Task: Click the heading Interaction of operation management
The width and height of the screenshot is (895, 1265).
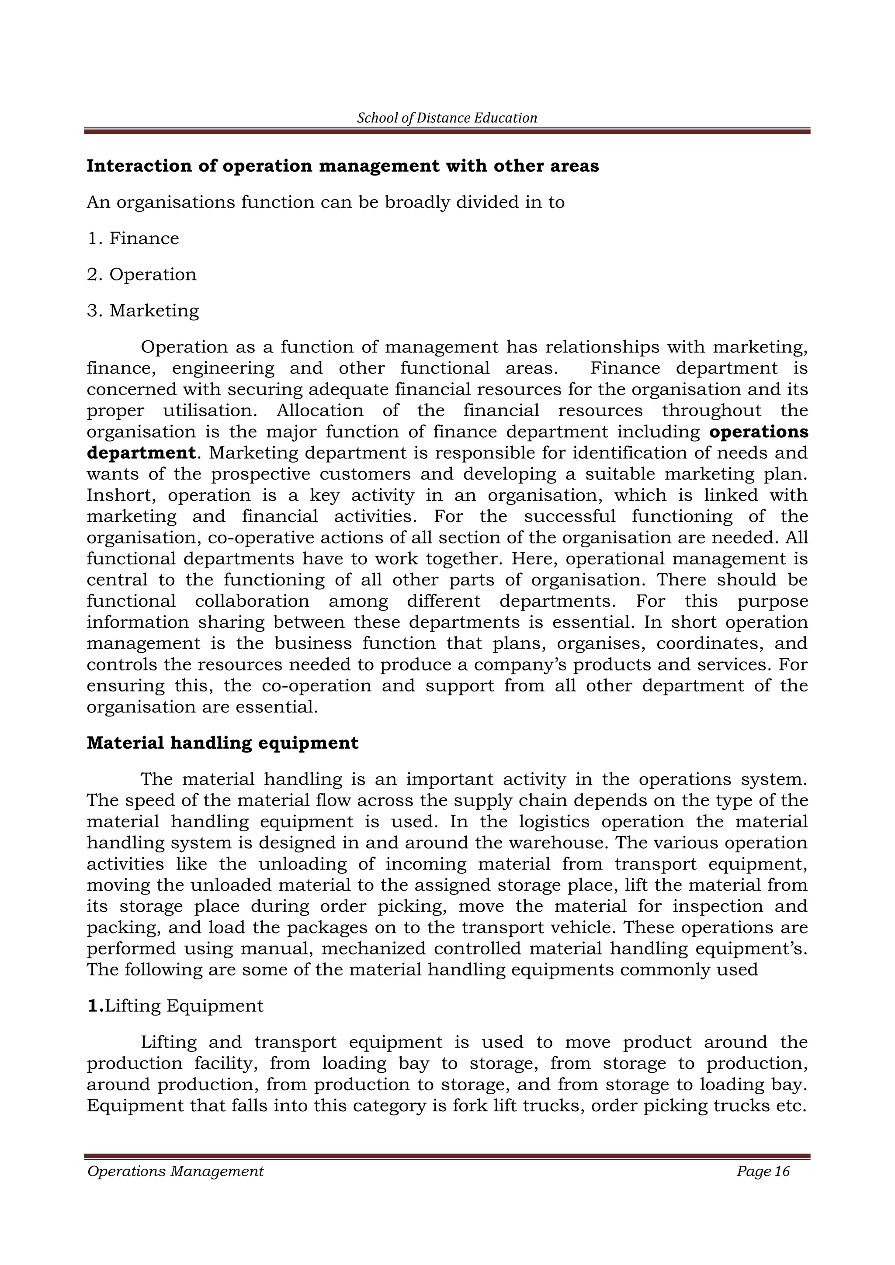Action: tap(342, 166)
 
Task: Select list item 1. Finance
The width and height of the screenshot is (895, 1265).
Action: tap(133, 238)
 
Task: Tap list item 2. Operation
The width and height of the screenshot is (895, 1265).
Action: tap(142, 274)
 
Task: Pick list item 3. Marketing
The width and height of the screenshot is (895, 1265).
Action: tap(143, 311)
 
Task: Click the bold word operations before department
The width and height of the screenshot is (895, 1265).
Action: tap(758, 432)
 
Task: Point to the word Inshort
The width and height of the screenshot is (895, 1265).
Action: tap(121, 495)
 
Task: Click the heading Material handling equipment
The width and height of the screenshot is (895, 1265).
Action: tap(222, 743)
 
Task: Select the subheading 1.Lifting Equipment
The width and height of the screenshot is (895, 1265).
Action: tap(175, 1006)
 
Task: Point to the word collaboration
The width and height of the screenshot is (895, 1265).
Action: tap(252, 601)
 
